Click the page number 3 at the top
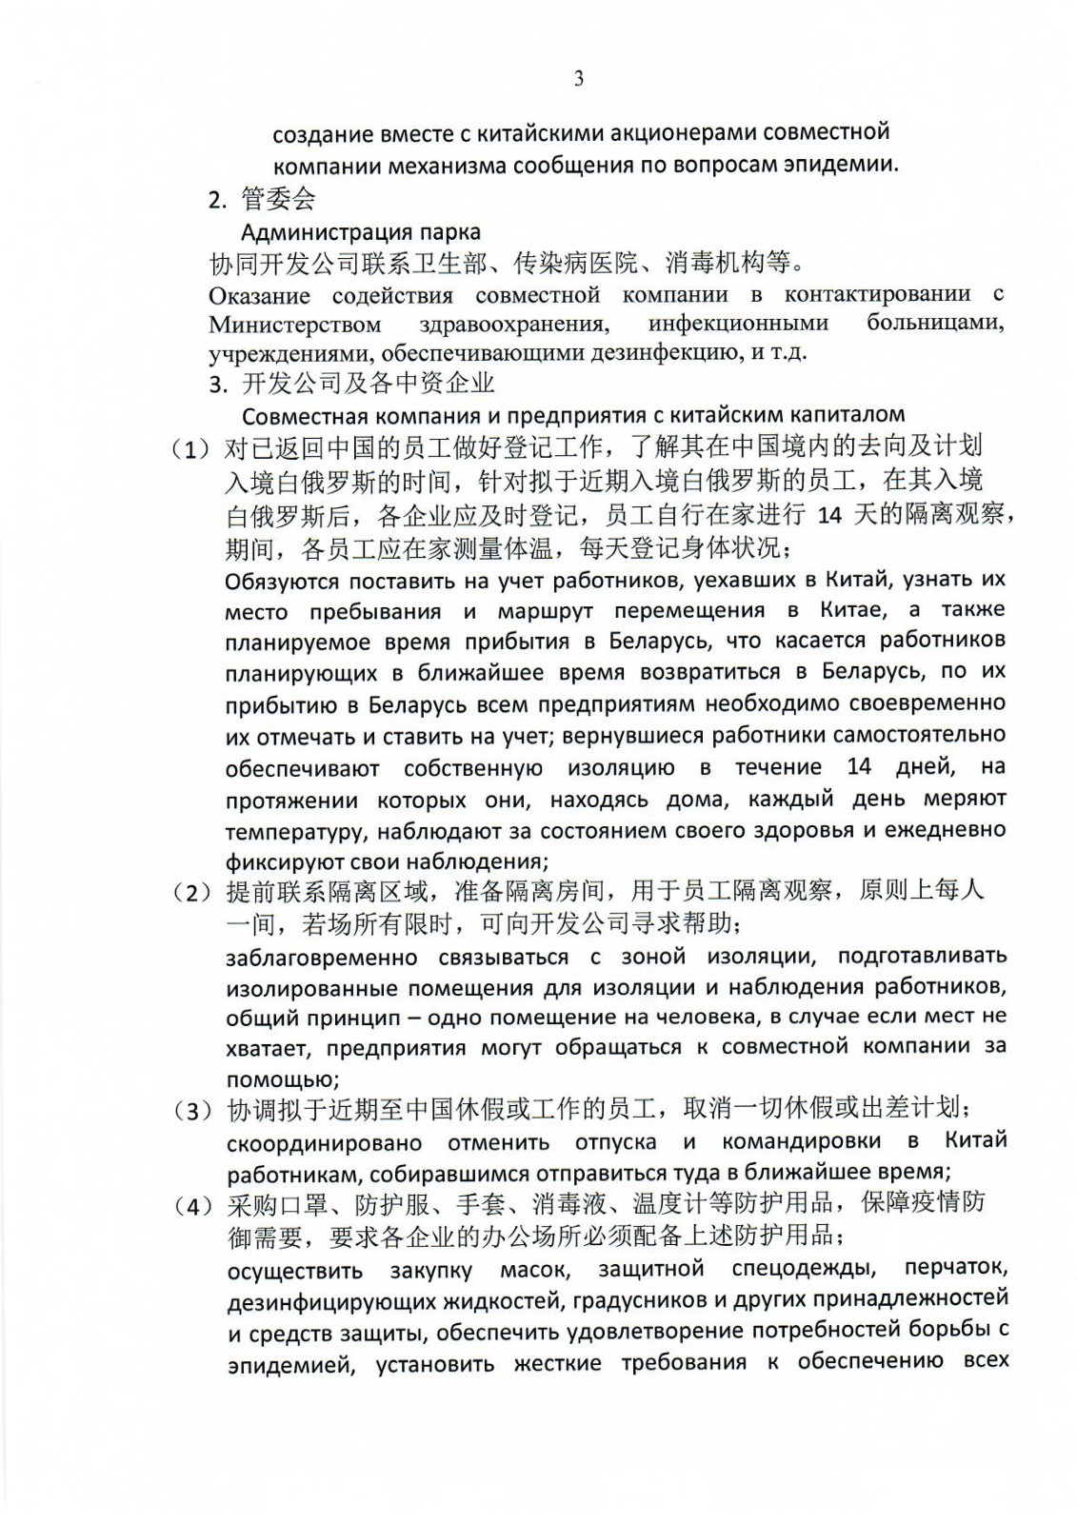[x=578, y=79]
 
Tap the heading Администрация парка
[x=361, y=231]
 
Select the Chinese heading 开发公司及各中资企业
[x=369, y=384]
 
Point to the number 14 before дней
[x=859, y=766]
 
